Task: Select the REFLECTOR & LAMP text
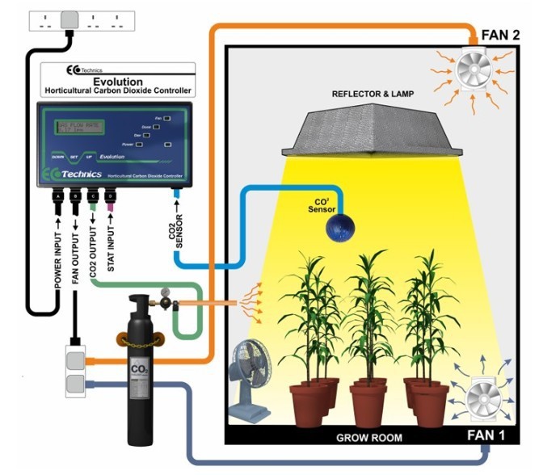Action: coord(373,95)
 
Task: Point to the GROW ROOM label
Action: coord(369,438)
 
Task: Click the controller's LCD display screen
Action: coord(82,128)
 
